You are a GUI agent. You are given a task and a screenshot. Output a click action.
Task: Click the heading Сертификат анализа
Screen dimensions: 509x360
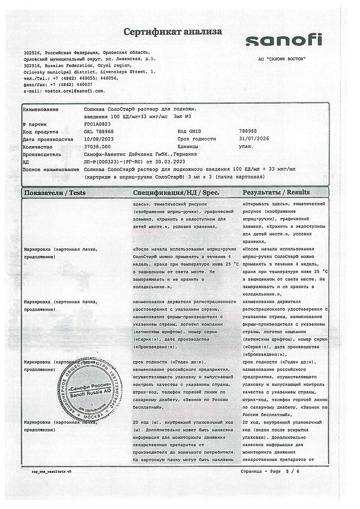coord(173,32)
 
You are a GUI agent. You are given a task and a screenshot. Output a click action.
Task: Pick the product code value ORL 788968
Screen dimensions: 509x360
coord(99,131)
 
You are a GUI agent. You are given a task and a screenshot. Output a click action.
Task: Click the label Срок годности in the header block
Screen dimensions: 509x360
coord(196,139)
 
